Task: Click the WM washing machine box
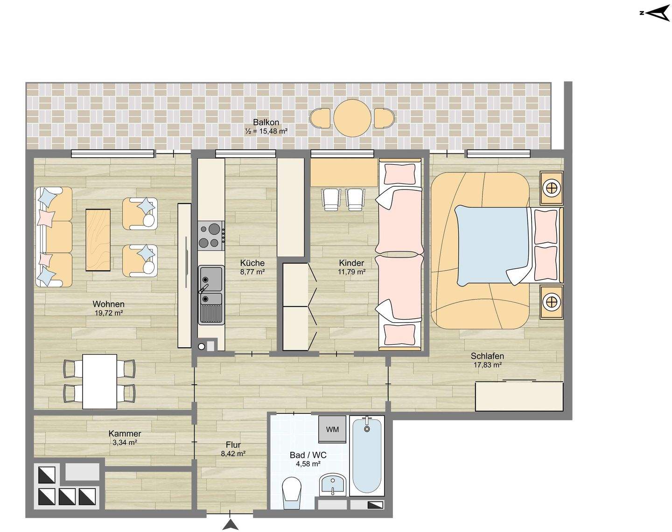(x=332, y=429)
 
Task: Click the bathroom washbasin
(x=333, y=484)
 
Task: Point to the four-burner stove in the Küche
(x=211, y=236)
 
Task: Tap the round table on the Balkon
(x=352, y=118)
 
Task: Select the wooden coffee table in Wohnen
(x=98, y=239)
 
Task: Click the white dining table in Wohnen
(x=99, y=381)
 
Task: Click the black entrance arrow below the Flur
(x=230, y=525)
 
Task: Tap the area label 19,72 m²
(x=109, y=312)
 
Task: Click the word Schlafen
(x=487, y=356)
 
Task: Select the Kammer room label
(x=125, y=434)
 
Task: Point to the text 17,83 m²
(x=488, y=364)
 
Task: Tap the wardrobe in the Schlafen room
(x=519, y=396)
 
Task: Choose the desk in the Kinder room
(x=344, y=173)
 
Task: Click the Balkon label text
(x=266, y=122)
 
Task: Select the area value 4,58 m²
(x=308, y=464)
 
